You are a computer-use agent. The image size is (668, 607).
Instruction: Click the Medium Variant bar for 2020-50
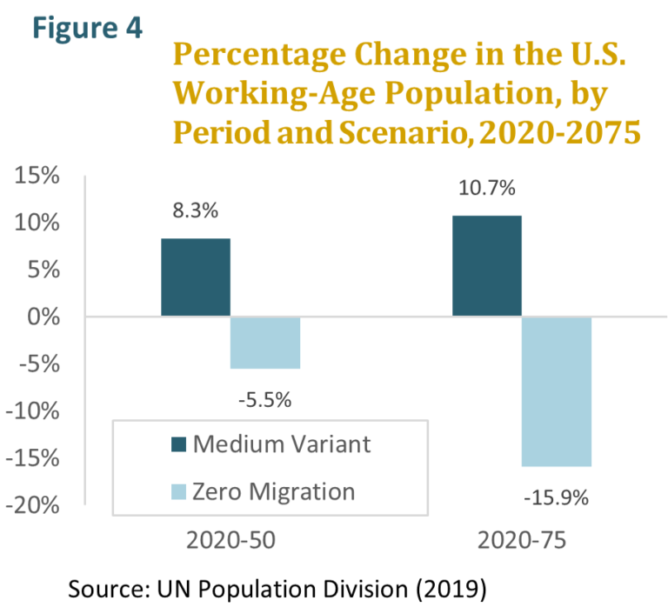196,277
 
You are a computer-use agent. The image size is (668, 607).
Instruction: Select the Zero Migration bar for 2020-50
265,343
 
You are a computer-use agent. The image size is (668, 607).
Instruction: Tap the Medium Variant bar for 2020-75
486,266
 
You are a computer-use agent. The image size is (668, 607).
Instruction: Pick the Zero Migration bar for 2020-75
557,391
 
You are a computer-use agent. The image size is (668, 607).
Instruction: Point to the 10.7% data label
486,188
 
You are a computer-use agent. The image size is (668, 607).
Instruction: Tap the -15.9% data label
556,498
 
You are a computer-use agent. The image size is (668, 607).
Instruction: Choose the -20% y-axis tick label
33,505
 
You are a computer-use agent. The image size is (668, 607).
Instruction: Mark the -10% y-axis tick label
33,411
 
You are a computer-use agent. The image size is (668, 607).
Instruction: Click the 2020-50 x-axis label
230,540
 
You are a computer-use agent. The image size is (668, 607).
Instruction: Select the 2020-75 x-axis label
522,540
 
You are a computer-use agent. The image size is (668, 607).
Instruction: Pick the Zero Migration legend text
275,491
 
